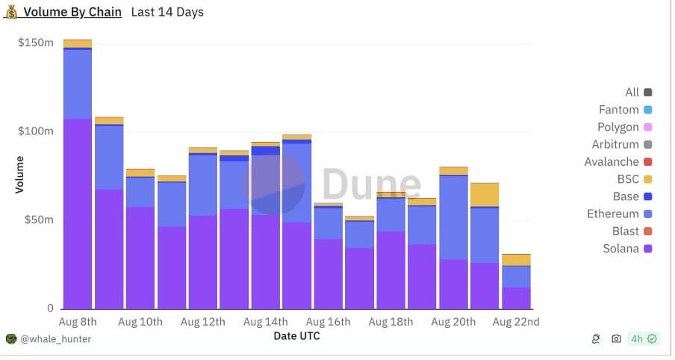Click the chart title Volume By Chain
tap(72, 12)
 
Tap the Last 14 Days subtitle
tap(167, 12)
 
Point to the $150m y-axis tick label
tap(36, 43)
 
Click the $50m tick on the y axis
tap(39, 220)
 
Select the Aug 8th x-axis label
tap(78, 322)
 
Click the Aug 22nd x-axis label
tap(516, 322)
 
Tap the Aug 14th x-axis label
tap(266, 322)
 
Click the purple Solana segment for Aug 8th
tap(78, 213)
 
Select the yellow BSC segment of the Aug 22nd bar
tap(516, 260)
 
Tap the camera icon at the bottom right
tap(616, 338)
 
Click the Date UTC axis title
tap(296, 337)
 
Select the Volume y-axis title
tap(19, 174)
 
